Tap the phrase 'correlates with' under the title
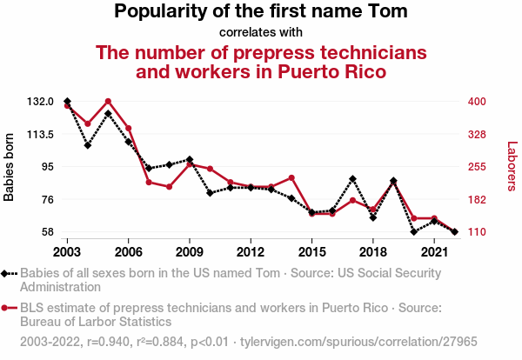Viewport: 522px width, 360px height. click(261, 33)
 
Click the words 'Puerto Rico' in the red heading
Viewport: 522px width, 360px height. click(330, 71)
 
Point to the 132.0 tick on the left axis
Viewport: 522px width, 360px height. click(41, 102)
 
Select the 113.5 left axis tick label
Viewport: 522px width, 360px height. click(41, 135)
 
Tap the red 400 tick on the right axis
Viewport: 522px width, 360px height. click(477, 102)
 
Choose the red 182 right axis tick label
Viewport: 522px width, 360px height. click(477, 200)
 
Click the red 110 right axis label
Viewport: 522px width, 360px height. click(477, 232)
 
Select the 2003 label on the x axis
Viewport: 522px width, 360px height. click(67, 251)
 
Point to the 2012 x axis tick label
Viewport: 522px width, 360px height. click(251, 251)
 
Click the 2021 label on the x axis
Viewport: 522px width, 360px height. click(434, 251)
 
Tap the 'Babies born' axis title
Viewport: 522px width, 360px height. click(10, 167)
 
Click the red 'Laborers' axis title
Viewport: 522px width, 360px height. click(512, 167)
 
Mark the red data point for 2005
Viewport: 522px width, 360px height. click(108, 102)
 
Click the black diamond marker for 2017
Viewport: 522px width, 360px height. click(352, 179)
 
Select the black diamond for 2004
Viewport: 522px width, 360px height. click(88, 145)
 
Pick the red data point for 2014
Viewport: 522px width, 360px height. click(291, 177)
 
